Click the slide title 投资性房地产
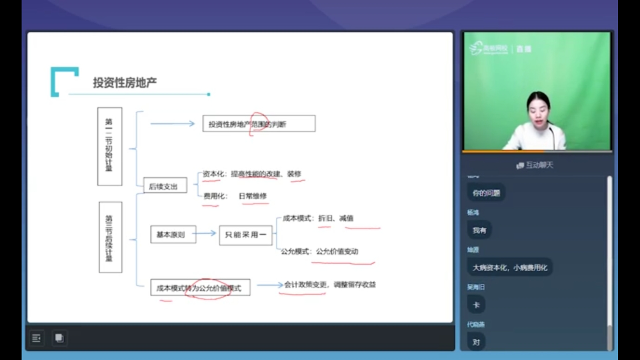coord(125,82)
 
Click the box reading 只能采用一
coord(245,235)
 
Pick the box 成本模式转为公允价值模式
coord(200,288)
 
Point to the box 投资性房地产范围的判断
coord(259,124)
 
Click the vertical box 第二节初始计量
coord(109,146)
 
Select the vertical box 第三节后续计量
coord(110,237)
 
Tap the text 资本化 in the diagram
coord(212,174)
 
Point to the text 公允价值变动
coord(337,251)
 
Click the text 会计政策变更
coord(305,285)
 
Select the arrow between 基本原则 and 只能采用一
coord(207,233)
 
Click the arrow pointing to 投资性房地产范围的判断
coord(172,123)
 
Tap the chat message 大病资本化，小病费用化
coord(509,267)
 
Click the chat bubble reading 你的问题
coord(485,193)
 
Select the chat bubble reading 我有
coord(479,230)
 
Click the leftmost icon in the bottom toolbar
coord(37,338)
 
